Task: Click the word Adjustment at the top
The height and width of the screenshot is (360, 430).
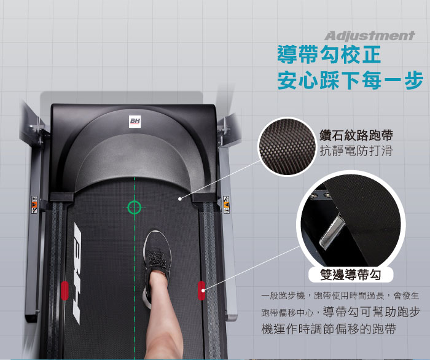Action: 369,36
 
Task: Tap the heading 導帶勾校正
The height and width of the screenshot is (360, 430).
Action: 329,55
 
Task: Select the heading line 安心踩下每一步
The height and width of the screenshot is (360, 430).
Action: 350,80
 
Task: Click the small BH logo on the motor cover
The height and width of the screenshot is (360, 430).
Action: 135,122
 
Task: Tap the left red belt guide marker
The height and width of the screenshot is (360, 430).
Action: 64,291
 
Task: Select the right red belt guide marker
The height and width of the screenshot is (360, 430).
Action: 201,291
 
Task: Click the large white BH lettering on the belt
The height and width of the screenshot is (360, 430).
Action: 77,273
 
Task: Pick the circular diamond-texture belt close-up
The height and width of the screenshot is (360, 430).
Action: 287,147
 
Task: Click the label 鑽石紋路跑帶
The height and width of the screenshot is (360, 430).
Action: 356,135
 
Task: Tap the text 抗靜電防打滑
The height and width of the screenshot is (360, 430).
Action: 356,151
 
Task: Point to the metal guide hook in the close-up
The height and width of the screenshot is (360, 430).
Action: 332,232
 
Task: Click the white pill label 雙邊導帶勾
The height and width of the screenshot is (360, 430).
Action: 351,275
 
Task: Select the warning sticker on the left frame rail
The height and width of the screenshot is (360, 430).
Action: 34,205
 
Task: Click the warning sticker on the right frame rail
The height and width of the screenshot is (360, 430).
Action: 226,205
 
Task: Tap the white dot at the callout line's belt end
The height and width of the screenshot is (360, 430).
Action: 179,199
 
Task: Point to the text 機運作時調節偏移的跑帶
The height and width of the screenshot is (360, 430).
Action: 329,329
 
